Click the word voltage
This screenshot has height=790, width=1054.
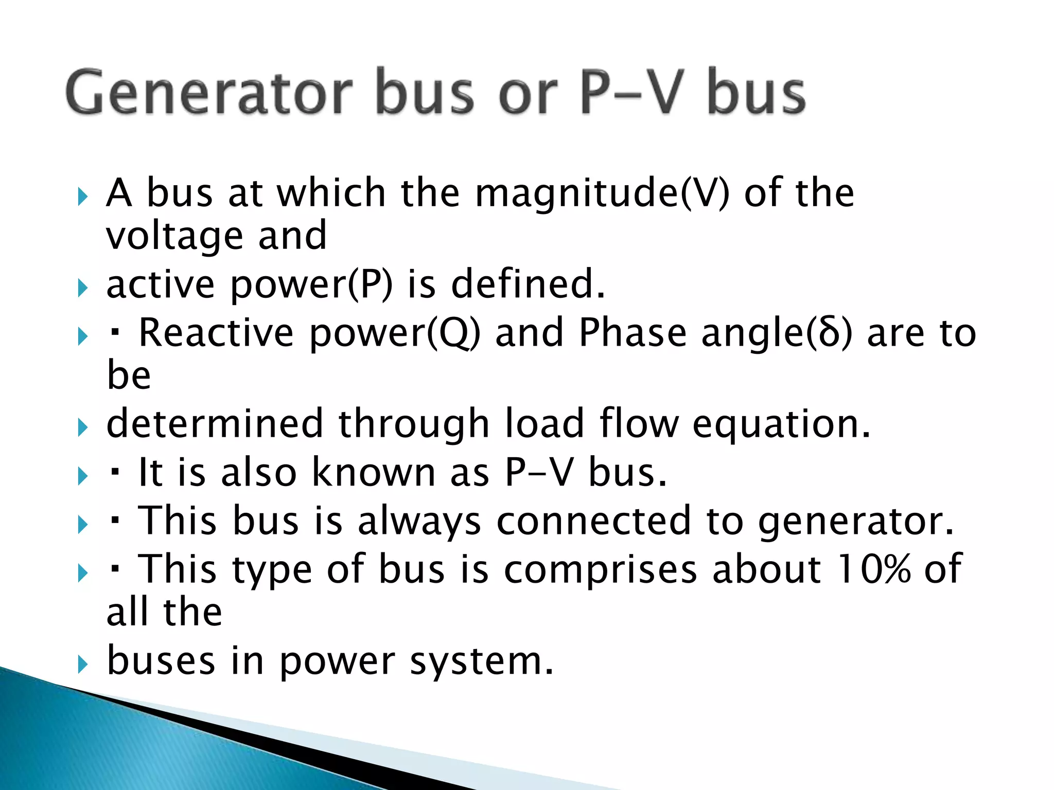click(174, 237)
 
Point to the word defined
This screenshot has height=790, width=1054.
click(528, 284)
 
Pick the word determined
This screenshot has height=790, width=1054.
click(215, 424)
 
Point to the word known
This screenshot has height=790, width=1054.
click(374, 472)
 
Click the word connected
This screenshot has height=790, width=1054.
click(593, 520)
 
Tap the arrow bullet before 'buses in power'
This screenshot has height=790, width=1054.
click(82, 665)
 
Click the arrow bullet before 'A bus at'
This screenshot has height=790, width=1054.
click(82, 196)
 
